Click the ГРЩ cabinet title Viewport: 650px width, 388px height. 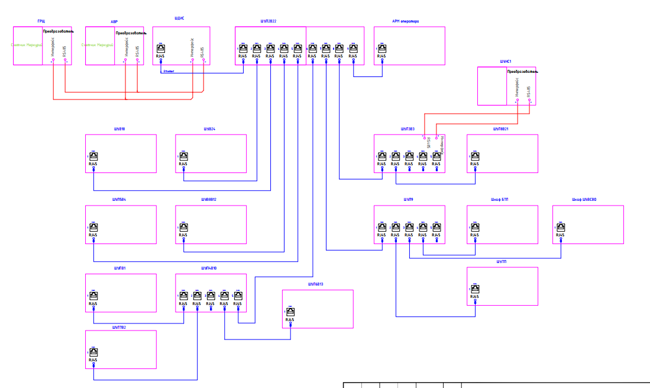coord(41,21)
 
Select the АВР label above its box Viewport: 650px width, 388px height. coord(114,21)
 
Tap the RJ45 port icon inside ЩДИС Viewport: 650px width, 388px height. coord(160,49)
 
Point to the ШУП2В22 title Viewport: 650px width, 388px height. coord(269,21)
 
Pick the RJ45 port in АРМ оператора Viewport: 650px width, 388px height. coord(381,49)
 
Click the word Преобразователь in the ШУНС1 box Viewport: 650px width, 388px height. coord(521,72)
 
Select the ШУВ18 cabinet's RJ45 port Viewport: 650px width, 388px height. coord(93,157)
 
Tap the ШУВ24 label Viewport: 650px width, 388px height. coord(209,129)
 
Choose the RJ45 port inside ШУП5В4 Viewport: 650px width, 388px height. coord(93,227)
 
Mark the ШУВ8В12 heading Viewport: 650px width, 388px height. coord(209,200)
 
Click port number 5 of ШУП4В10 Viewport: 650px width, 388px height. coord(238,296)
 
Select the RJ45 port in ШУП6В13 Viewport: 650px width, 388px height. coord(290,312)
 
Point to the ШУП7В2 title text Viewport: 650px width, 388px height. coord(119,327)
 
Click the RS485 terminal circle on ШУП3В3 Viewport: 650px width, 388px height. coord(424,137)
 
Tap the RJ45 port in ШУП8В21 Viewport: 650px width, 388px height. coord(475,157)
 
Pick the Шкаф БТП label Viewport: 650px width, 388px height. coord(500,200)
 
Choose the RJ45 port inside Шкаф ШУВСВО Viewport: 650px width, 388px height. coord(560,227)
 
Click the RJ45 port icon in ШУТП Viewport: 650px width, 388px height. coord(475,290)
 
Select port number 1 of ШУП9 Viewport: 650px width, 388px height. coord(381,227)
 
